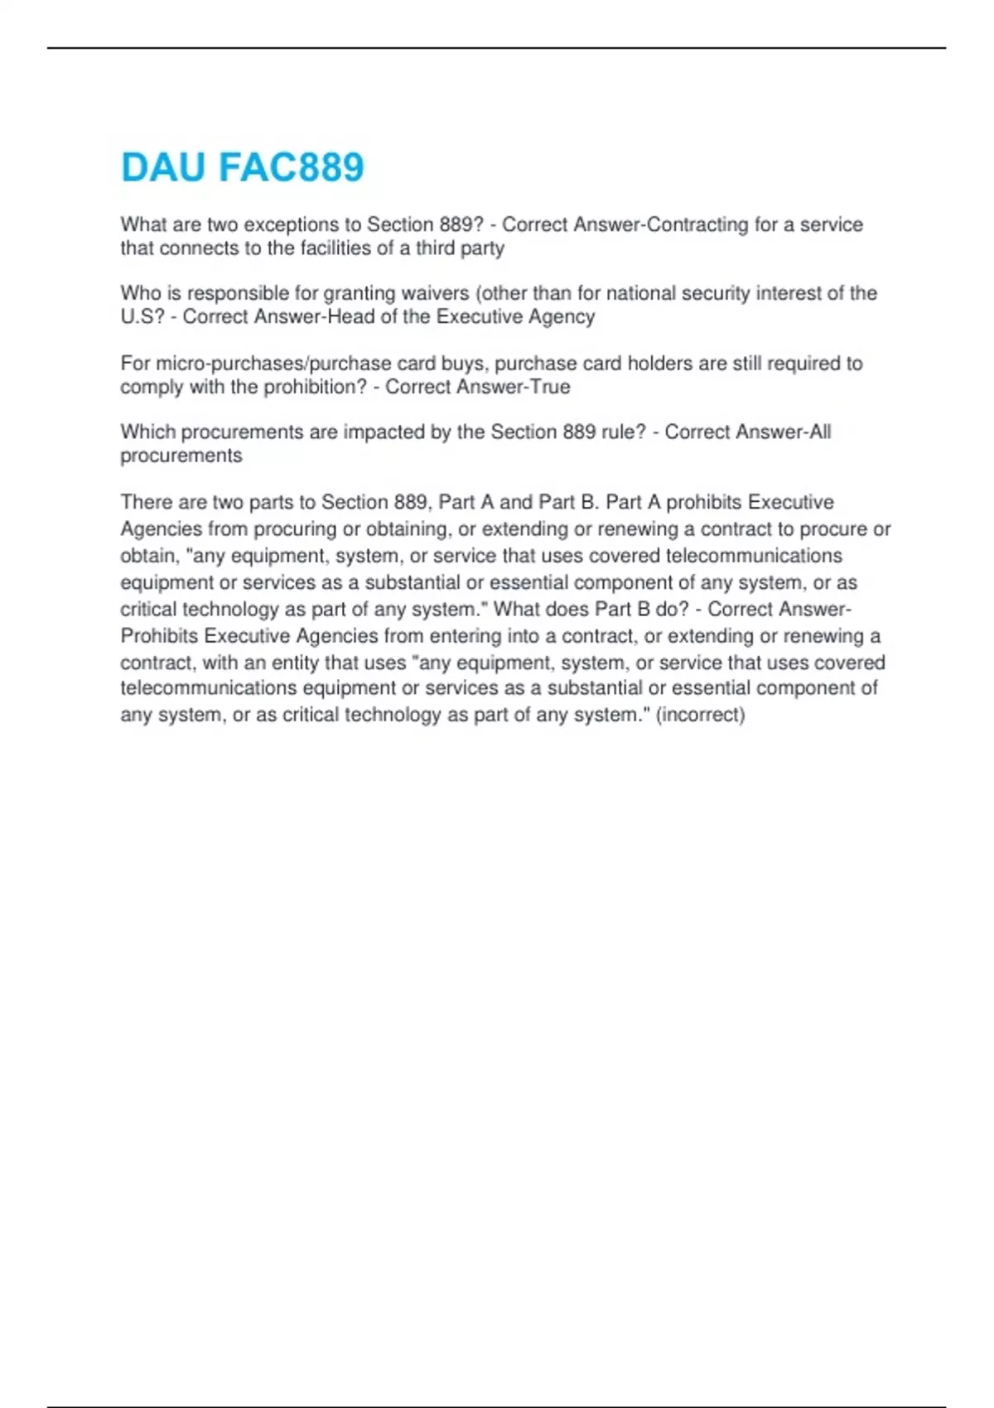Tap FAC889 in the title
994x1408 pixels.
291,167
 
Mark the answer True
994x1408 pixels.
550,387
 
